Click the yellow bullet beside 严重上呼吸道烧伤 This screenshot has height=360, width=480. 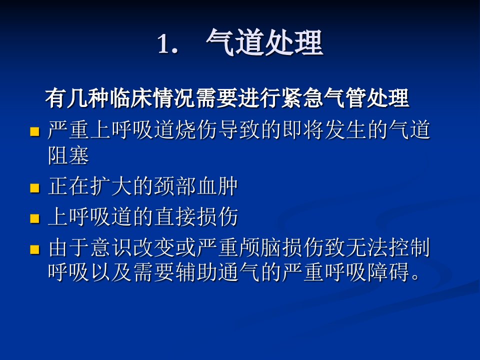pos(35,131)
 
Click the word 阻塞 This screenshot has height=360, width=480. pos(68,155)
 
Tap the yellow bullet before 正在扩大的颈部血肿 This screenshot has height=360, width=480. pos(35,187)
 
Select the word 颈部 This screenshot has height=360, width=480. pos(175,186)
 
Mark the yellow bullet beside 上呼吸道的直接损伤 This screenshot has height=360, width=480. pos(35,218)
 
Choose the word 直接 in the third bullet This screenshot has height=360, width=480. pos(175,216)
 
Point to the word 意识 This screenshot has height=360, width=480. pos(111,247)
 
